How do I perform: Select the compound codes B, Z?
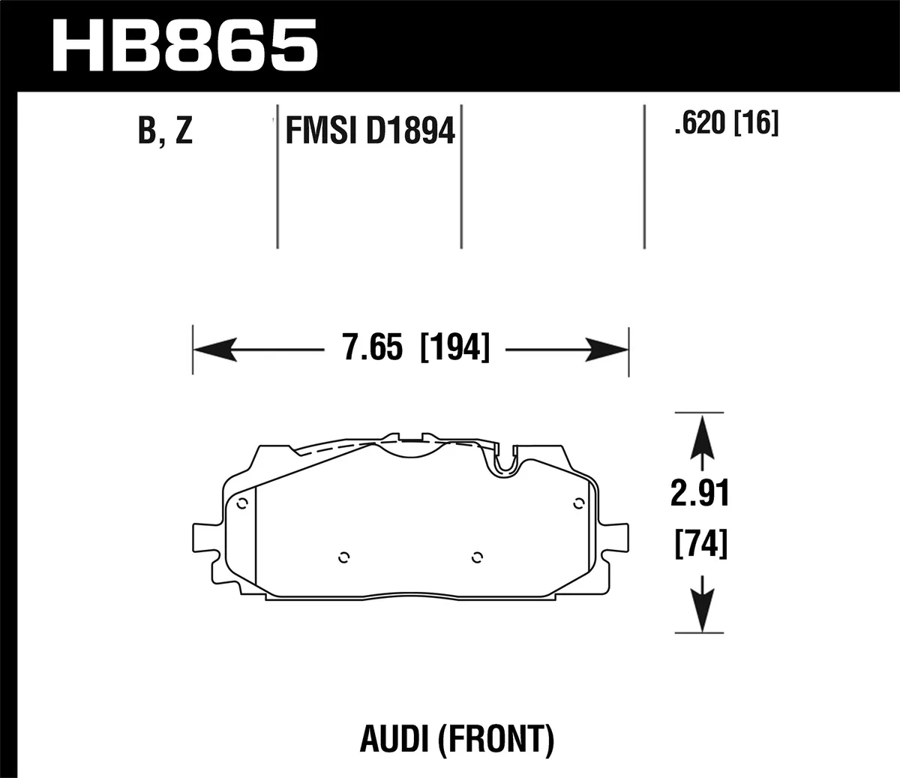(166, 131)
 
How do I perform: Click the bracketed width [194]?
(455, 349)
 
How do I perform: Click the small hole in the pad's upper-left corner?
(241, 503)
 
